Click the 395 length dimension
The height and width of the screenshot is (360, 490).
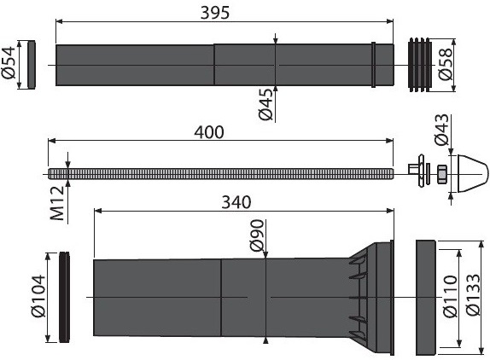pyautogui.click(x=214, y=13)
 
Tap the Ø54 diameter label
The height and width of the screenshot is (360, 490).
pyautogui.click(x=9, y=63)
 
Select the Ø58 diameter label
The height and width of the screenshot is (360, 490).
pyautogui.click(x=446, y=64)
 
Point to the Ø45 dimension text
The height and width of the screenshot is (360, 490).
pyautogui.click(x=266, y=105)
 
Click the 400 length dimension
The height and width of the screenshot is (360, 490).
pyautogui.click(x=209, y=132)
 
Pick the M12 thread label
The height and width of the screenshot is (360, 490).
pyautogui.click(x=57, y=204)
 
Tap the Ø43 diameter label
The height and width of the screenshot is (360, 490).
pyautogui.click(x=442, y=130)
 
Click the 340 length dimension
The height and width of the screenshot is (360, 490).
pyautogui.click(x=236, y=202)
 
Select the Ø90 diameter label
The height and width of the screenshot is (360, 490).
pyautogui.click(x=257, y=235)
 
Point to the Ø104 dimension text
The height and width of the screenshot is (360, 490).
pyautogui.click(x=38, y=296)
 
